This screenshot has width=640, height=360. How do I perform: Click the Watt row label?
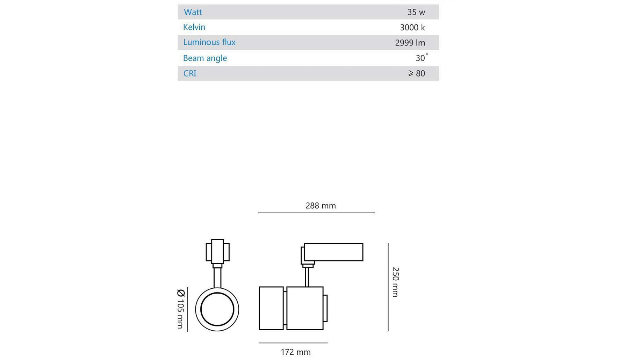193,12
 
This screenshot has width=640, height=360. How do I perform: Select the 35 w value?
416,12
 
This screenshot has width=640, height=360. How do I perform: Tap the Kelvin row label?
194,27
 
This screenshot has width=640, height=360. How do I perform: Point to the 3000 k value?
412,28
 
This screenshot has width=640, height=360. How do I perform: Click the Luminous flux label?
209,42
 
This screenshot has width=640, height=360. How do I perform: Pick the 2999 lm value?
410,43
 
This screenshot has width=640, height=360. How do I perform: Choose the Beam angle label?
205,58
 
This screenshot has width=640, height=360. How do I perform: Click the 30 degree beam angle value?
422,58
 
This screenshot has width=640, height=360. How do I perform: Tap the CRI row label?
190,73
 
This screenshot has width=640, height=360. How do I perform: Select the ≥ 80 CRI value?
416,73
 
